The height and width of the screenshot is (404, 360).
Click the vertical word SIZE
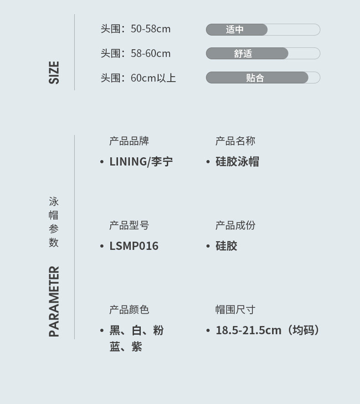(x=54, y=73)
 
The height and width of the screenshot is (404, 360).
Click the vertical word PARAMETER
(x=54, y=301)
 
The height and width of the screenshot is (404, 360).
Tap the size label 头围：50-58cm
(x=135, y=29)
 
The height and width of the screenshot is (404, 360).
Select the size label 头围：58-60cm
(x=135, y=53)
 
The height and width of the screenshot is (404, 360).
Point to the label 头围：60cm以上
(x=138, y=78)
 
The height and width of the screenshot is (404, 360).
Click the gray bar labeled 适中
(x=237, y=30)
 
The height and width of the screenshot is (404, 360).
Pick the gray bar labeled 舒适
(x=247, y=54)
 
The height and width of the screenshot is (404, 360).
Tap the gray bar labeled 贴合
(x=257, y=78)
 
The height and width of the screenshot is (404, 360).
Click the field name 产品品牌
(x=129, y=141)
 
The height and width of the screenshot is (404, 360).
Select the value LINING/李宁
(x=141, y=162)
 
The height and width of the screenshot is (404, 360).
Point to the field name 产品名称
(x=235, y=141)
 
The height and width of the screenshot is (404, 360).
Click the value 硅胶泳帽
(x=237, y=162)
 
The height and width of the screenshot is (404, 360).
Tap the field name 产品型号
(x=129, y=226)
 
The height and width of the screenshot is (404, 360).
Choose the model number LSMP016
(x=134, y=246)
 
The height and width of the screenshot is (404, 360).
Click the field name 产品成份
(x=235, y=226)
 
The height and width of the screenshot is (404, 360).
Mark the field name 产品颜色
(x=129, y=310)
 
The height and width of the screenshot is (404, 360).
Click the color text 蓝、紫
(x=126, y=347)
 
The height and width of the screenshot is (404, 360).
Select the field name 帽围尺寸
(x=235, y=310)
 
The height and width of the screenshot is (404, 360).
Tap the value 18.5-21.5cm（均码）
(x=267, y=331)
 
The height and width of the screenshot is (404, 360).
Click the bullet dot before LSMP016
(x=102, y=246)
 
